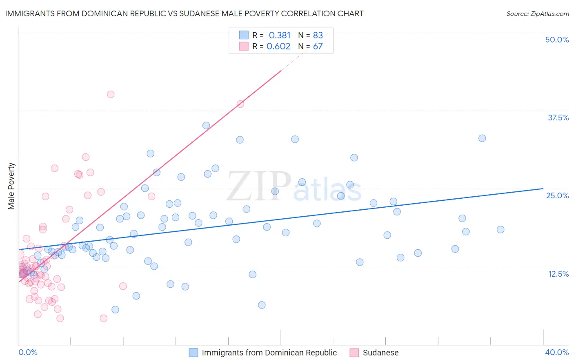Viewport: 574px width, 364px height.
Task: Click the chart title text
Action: pyautogui.click(x=184, y=13)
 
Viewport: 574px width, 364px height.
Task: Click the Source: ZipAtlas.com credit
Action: pyautogui.click(x=537, y=13)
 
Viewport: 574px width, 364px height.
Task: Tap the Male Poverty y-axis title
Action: pyautogui.click(x=11, y=186)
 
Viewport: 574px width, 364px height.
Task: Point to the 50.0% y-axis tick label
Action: pyautogui.click(x=557, y=40)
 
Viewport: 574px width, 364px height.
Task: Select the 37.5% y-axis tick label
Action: pyautogui.click(x=558, y=118)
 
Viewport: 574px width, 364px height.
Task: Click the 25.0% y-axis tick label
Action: pyautogui.click(x=557, y=195)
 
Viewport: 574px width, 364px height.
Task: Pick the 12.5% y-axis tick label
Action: pyautogui.click(x=558, y=274)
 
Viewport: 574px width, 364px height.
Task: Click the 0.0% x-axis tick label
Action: pyautogui.click(x=28, y=352)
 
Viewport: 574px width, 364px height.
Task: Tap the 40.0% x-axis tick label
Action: pyautogui.click(x=557, y=352)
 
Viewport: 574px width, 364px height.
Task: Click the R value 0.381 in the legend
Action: pyautogui.click(x=280, y=35)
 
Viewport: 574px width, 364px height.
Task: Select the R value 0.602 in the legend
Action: pyautogui.click(x=278, y=46)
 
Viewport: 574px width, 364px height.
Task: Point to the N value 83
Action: pyautogui.click(x=318, y=35)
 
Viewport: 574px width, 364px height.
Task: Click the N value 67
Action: pyautogui.click(x=318, y=46)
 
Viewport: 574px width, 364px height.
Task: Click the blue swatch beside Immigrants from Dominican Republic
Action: pyautogui.click(x=194, y=353)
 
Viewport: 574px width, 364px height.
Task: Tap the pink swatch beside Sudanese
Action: pyautogui.click(x=354, y=353)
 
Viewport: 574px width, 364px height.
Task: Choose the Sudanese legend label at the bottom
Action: pyautogui.click(x=380, y=353)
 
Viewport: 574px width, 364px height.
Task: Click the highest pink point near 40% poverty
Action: pyautogui.click(x=111, y=94)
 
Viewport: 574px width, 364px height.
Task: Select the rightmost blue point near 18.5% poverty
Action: pyautogui.click(x=501, y=229)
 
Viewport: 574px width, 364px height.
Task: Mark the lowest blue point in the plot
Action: pyautogui.click(x=115, y=310)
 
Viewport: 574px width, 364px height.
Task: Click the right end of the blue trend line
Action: pyautogui.click(x=543, y=189)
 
